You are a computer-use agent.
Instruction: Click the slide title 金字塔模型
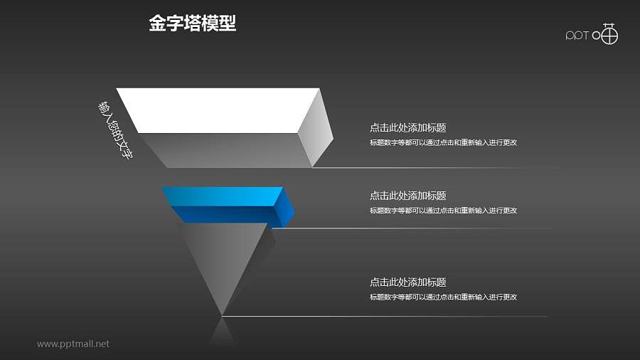[192, 24]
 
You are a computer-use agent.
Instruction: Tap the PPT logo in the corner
[592, 34]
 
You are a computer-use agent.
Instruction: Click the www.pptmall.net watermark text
[73, 344]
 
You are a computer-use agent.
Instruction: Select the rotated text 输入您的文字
[115, 129]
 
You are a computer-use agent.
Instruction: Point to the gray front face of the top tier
[228, 149]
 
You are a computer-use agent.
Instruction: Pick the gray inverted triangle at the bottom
[224, 256]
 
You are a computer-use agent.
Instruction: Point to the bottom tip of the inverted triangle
[223, 314]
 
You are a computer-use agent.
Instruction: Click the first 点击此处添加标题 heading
[408, 128]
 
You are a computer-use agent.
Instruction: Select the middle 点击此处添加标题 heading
[408, 196]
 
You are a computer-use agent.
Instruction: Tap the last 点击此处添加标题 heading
[408, 282]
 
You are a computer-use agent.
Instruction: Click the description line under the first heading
[443, 142]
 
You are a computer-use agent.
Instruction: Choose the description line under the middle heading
[443, 210]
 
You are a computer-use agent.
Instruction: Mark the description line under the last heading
[443, 297]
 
